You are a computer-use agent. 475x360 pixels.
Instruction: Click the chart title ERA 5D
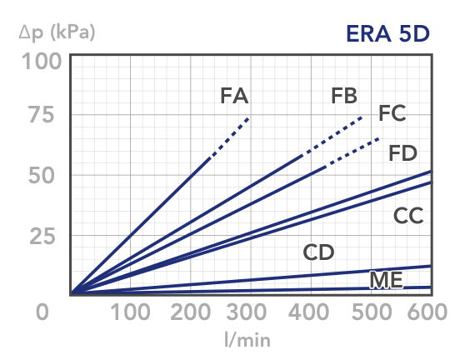[x=387, y=33]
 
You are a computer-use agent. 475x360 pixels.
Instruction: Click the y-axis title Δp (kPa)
[x=57, y=32]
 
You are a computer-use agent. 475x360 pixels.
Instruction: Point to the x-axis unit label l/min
[x=247, y=339]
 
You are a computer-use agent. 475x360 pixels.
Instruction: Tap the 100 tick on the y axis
[x=42, y=62]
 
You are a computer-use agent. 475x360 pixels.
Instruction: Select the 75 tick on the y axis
[x=41, y=115]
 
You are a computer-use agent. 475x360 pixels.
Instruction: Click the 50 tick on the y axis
[x=41, y=176]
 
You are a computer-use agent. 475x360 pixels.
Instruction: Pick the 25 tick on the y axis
[x=42, y=237]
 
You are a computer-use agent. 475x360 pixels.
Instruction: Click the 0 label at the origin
[x=42, y=312]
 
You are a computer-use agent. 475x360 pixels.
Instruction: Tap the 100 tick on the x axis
[x=130, y=312]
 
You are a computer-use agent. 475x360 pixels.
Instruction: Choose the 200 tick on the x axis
[x=191, y=312]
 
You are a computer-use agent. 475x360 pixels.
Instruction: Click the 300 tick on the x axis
[x=247, y=312]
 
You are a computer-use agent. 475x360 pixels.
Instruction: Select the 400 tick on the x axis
[x=308, y=312]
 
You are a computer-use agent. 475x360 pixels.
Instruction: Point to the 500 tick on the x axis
[x=372, y=312]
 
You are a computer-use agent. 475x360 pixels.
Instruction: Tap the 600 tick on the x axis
[x=427, y=312]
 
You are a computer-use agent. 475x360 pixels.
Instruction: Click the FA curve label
[x=234, y=96]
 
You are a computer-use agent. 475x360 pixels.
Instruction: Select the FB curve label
[x=344, y=96]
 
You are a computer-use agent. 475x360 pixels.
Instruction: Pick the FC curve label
[x=392, y=113]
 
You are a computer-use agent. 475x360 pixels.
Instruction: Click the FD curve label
[x=402, y=153]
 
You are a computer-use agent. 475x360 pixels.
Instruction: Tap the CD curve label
[x=318, y=252]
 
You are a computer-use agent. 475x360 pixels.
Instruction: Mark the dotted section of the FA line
[x=230, y=137]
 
